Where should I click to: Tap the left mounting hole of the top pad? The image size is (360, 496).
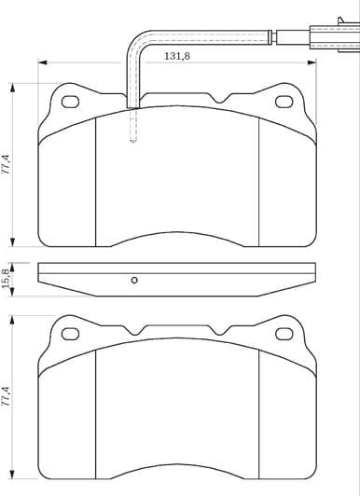click(68, 99)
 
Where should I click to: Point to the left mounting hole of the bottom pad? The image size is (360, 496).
click(68, 333)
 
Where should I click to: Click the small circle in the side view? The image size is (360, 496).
click(133, 281)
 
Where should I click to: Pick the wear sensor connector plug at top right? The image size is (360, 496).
click(322, 38)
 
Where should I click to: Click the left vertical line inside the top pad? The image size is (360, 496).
click(98, 177)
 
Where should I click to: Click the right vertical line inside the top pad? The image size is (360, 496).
click(257, 177)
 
